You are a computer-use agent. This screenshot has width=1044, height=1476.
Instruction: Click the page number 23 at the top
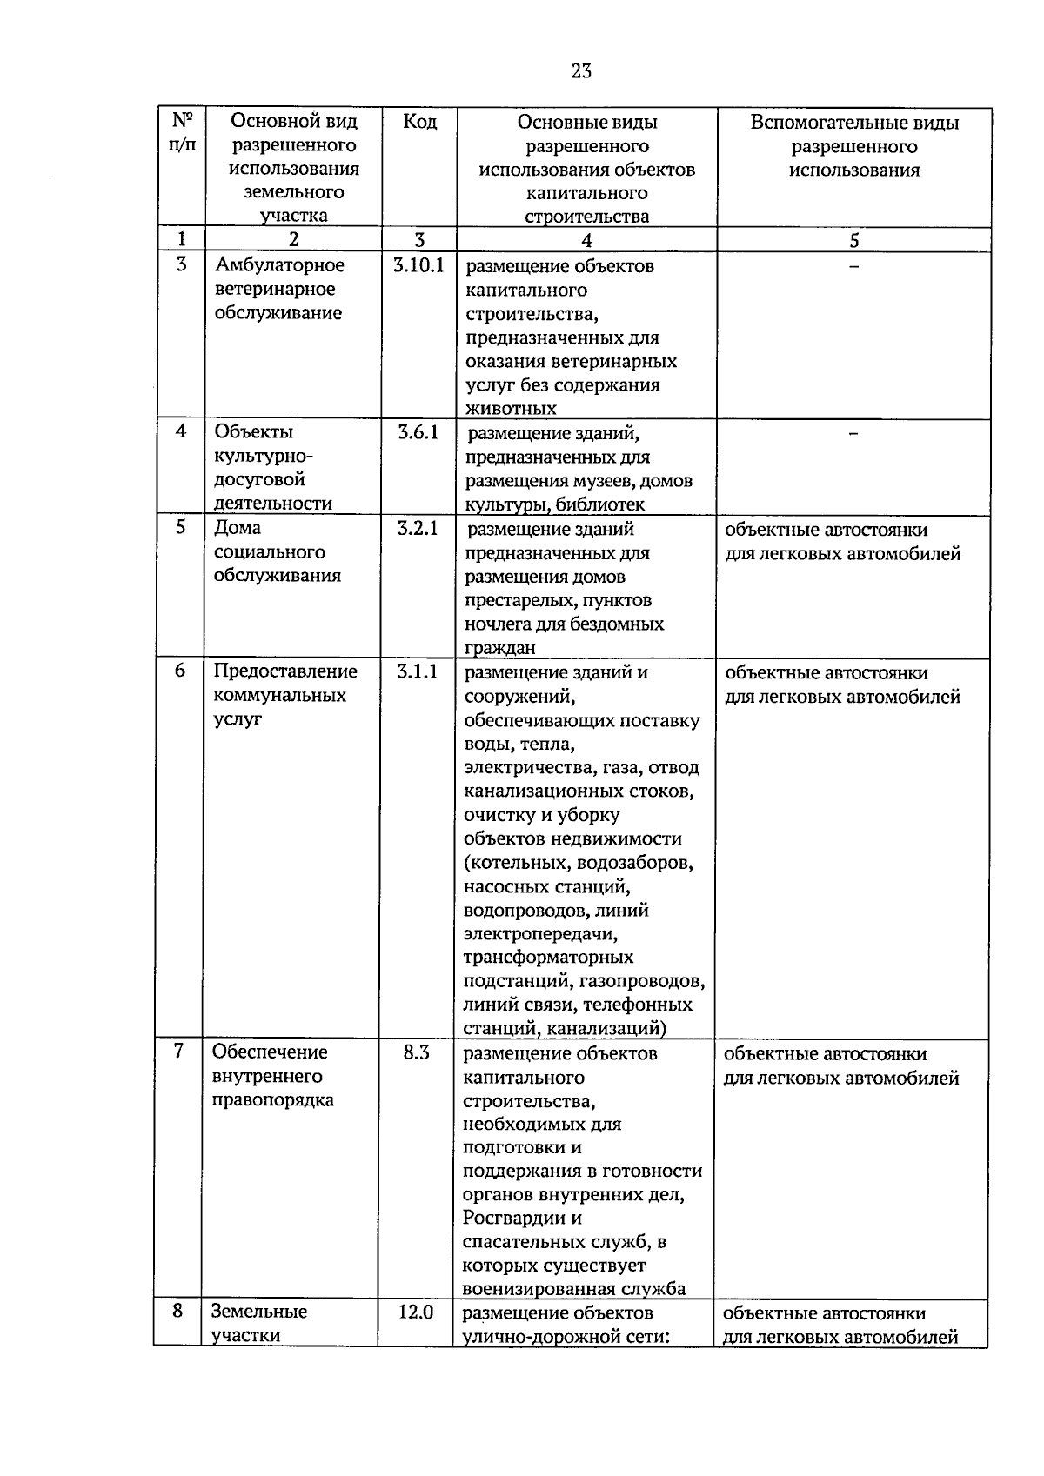(x=581, y=71)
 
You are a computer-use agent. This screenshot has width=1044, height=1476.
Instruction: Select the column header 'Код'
(x=419, y=122)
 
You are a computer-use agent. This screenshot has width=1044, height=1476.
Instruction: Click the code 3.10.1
(x=418, y=265)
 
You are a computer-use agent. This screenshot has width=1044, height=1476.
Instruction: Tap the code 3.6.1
(x=418, y=432)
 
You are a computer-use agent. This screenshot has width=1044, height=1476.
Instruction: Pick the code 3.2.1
(x=418, y=528)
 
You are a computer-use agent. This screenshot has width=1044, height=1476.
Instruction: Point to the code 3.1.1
(x=418, y=671)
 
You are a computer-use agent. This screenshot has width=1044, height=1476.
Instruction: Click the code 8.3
(x=417, y=1052)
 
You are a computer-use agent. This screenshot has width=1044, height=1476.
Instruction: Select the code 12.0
(x=416, y=1312)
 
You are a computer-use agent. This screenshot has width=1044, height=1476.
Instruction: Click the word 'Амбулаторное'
(x=279, y=265)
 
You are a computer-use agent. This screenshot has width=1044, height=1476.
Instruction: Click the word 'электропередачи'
(x=540, y=934)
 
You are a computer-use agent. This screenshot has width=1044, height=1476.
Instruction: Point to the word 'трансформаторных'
(x=548, y=958)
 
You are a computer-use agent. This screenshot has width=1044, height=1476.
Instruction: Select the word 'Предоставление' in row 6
(x=285, y=671)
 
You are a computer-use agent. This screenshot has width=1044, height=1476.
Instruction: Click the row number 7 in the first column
(x=178, y=1052)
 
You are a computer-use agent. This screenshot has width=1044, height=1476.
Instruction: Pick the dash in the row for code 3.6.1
(x=854, y=433)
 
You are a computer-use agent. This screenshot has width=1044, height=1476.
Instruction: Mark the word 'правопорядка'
(x=272, y=1100)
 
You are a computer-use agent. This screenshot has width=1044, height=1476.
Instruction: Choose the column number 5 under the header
(x=854, y=241)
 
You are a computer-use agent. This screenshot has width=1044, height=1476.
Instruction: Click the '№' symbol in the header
(x=181, y=120)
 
